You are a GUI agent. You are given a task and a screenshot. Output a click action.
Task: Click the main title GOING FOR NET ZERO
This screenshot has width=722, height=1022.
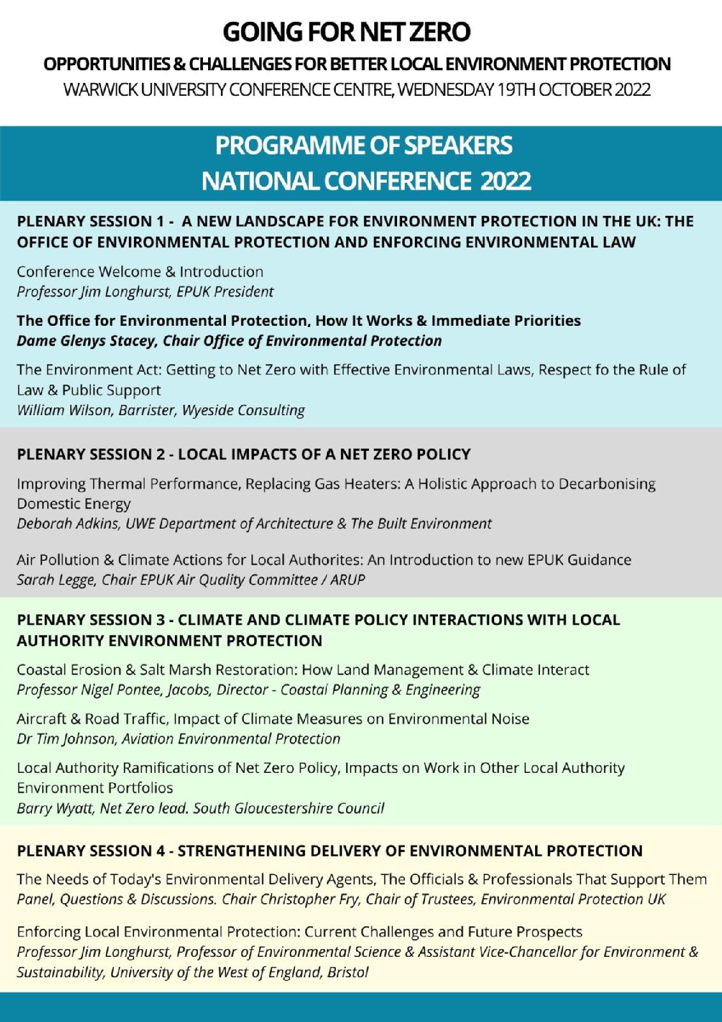[x=347, y=32]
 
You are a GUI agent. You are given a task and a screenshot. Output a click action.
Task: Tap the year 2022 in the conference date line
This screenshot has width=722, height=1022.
[x=632, y=89]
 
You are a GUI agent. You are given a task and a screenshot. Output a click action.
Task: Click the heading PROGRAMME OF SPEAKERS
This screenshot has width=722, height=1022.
[x=363, y=146]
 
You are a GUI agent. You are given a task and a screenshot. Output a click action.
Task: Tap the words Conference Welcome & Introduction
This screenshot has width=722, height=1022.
[x=140, y=271]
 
